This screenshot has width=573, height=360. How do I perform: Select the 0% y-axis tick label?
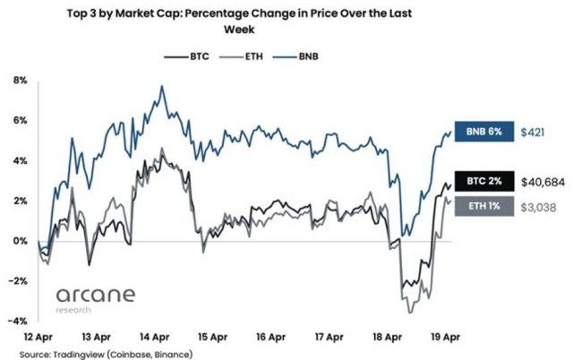(x=21, y=241)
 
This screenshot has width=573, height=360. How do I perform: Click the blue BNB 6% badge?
(x=485, y=133)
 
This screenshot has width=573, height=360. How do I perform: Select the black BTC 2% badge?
(x=485, y=182)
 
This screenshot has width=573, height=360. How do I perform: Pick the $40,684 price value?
(x=542, y=182)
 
